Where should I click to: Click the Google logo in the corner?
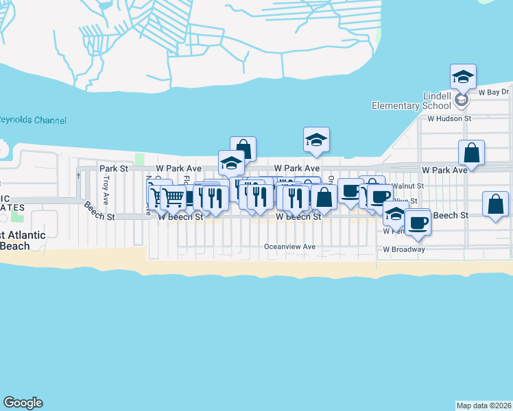click(x=23, y=403)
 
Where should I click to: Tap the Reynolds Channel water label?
click(x=33, y=121)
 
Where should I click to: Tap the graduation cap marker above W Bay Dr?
click(x=463, y=77)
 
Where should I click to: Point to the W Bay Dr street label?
click(x=494, y=92)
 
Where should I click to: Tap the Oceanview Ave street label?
click(x=290, y=247)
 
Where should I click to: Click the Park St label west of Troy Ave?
click(x=114, y=168)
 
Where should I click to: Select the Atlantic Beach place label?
click(x=23, y=240)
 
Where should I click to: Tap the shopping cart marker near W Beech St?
click(x=174, y=197)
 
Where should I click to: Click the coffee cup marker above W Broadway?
click(x=417, y=222)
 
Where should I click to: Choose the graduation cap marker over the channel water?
click(x=316, y=140)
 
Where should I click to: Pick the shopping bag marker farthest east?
click(x=495, y=204)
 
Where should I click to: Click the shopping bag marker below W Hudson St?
click(x=472, y=152)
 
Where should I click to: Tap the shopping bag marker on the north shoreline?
click(x=243, y=149)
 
